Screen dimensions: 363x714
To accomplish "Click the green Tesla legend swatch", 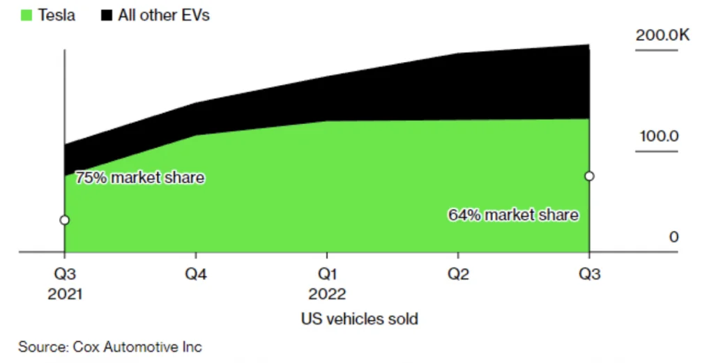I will (26, 15).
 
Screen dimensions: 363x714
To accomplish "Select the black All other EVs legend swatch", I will (106, 15).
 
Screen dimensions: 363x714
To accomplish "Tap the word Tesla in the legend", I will (56, 15).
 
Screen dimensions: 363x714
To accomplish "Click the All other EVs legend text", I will (164, 15).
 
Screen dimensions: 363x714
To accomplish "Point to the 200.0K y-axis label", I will (662, 36).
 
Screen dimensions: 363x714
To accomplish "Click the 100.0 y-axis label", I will (659, 136).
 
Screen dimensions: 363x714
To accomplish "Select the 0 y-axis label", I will (674, 238).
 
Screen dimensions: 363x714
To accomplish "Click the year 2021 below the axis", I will (65, 294).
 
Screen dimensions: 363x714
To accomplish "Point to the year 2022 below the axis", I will (327, 294).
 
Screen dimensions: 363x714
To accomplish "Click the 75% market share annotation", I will (139, 178).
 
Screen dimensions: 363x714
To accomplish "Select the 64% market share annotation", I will (513, 215).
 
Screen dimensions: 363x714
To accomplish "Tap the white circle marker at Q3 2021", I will (64, 220).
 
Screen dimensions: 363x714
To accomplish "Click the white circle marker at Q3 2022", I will (589, 176).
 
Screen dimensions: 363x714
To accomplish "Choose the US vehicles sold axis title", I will (359, 319).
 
